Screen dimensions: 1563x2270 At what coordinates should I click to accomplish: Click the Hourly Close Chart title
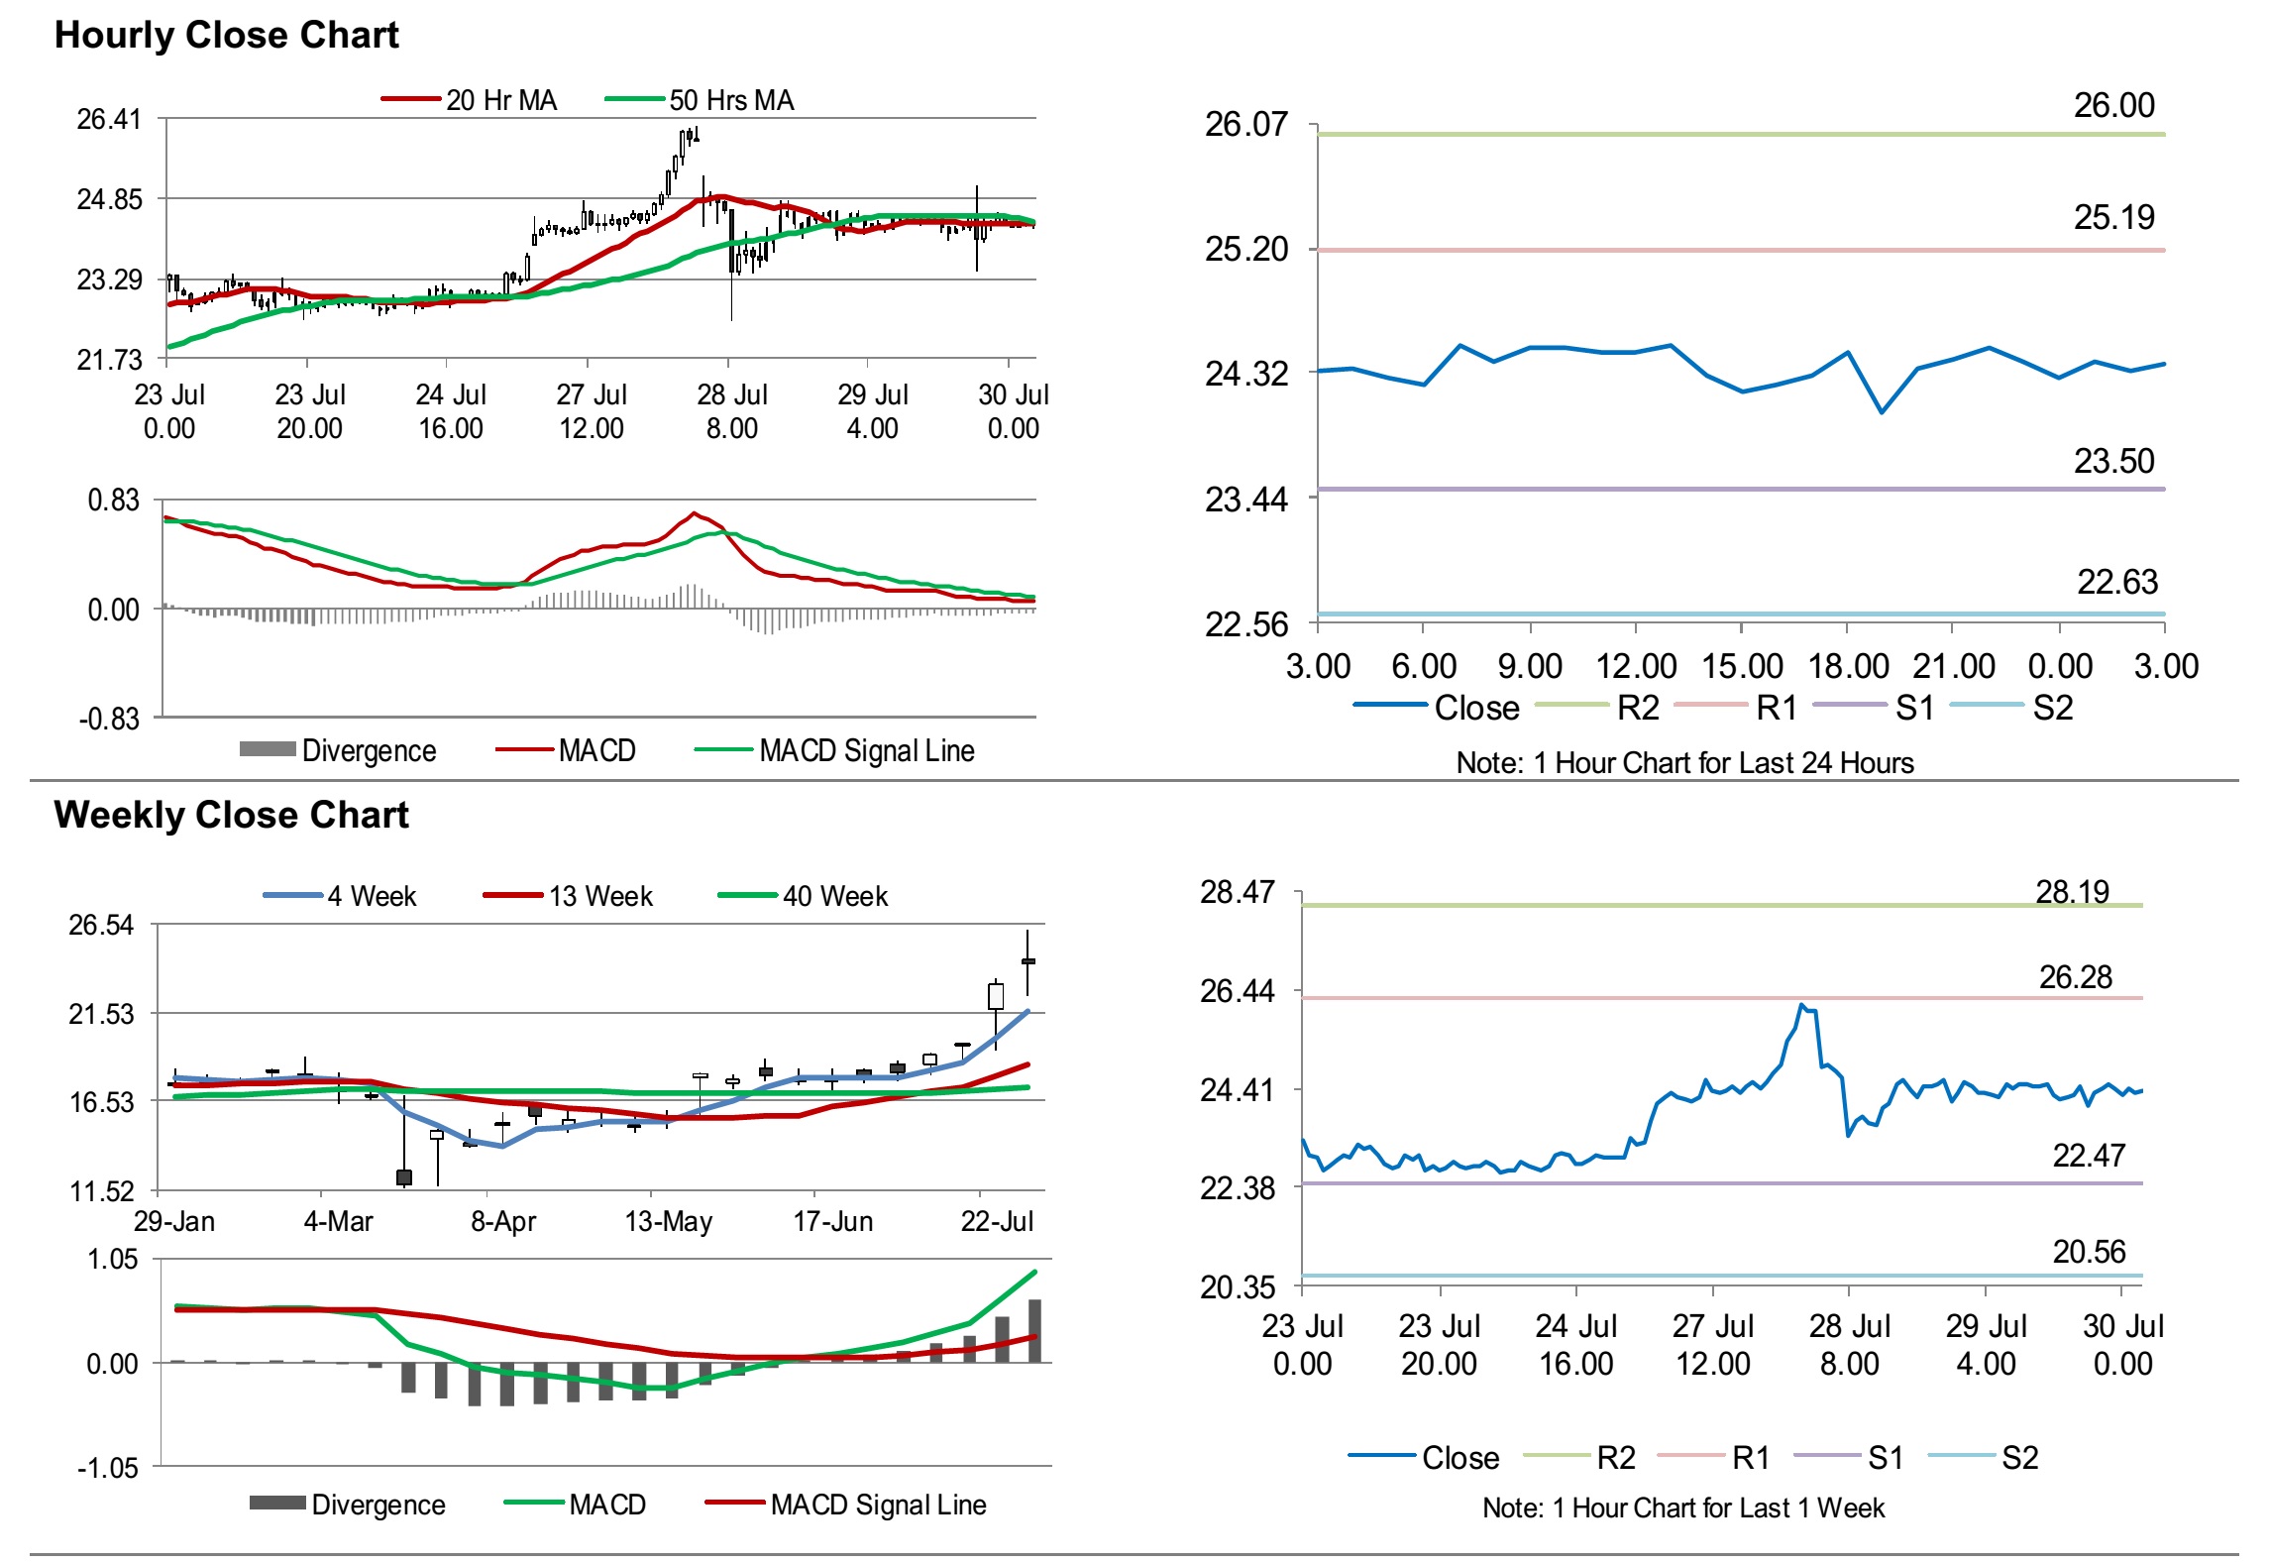click(x=226, y=35)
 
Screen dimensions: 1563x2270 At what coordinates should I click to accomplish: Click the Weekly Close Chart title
click(x=231, y=815)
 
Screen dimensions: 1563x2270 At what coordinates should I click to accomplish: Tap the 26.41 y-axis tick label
click(x=109, y=120)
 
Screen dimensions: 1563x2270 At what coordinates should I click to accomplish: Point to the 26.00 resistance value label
click(x=2113, y=105)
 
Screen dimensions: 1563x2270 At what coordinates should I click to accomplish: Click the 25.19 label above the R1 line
click(x=2113, y=217)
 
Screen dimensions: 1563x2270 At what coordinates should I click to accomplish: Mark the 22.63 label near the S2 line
click(x=2116, y=582)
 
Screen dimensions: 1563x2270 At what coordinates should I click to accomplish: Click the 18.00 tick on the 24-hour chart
click(x=1848, y=666)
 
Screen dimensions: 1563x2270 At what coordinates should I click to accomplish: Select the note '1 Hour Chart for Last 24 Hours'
click(x=1684, y=762)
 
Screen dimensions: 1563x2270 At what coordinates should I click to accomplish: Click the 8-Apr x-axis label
click(x=503, y=1221)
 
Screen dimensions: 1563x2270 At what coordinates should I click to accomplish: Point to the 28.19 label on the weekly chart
click(x=2072, y=892)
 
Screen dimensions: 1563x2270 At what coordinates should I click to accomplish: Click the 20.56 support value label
click(x=2089, y=1252)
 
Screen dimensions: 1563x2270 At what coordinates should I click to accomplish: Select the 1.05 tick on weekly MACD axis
click(x=112, y=1260)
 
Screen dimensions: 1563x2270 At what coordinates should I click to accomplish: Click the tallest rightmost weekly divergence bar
click(x=1034, y=1331)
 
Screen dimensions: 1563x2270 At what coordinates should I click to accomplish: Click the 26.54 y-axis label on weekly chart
click(x=100, y=926)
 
